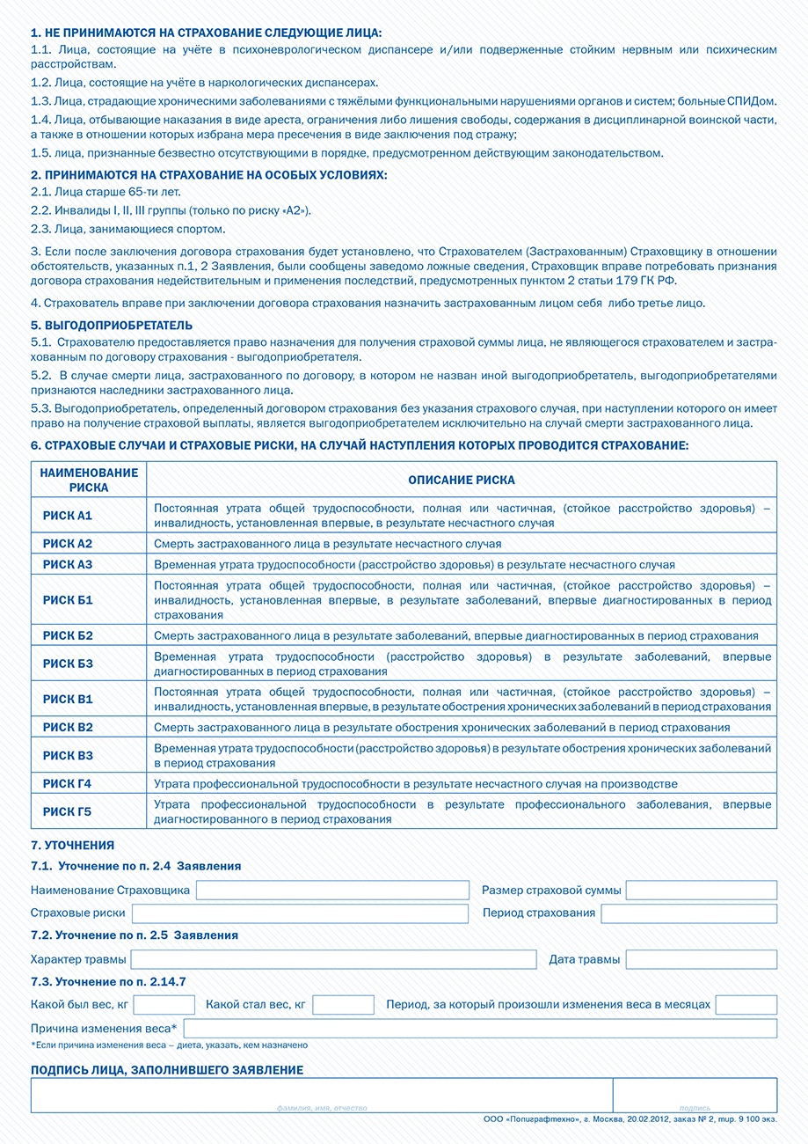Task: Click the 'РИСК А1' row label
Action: tap(68, 515)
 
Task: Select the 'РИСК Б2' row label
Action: tap(68, 635)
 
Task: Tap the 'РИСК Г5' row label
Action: tap(68, 811)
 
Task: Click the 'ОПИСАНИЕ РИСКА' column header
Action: tap(462, 480)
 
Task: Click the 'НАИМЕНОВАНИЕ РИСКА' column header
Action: tap(89, 480)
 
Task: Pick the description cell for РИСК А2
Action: tap(462, 544)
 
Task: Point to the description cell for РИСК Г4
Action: tap(462, 783)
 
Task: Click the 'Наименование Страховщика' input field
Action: tap(332, 890)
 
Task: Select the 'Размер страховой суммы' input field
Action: tap(701, 890)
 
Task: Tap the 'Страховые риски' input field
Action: tap(300, 913)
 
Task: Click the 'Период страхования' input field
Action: tap(688, 913)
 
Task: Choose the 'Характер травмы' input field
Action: tap(333, 959)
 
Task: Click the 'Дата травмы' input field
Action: tap(701, 959)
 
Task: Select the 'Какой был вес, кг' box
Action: tap(164, 1005)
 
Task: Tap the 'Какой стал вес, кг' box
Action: tap(343, 1005)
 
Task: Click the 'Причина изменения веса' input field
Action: tap(480, 1028)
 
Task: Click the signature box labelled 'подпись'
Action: tap(695, 1095)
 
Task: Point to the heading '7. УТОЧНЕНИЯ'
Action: tap(72, 846)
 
